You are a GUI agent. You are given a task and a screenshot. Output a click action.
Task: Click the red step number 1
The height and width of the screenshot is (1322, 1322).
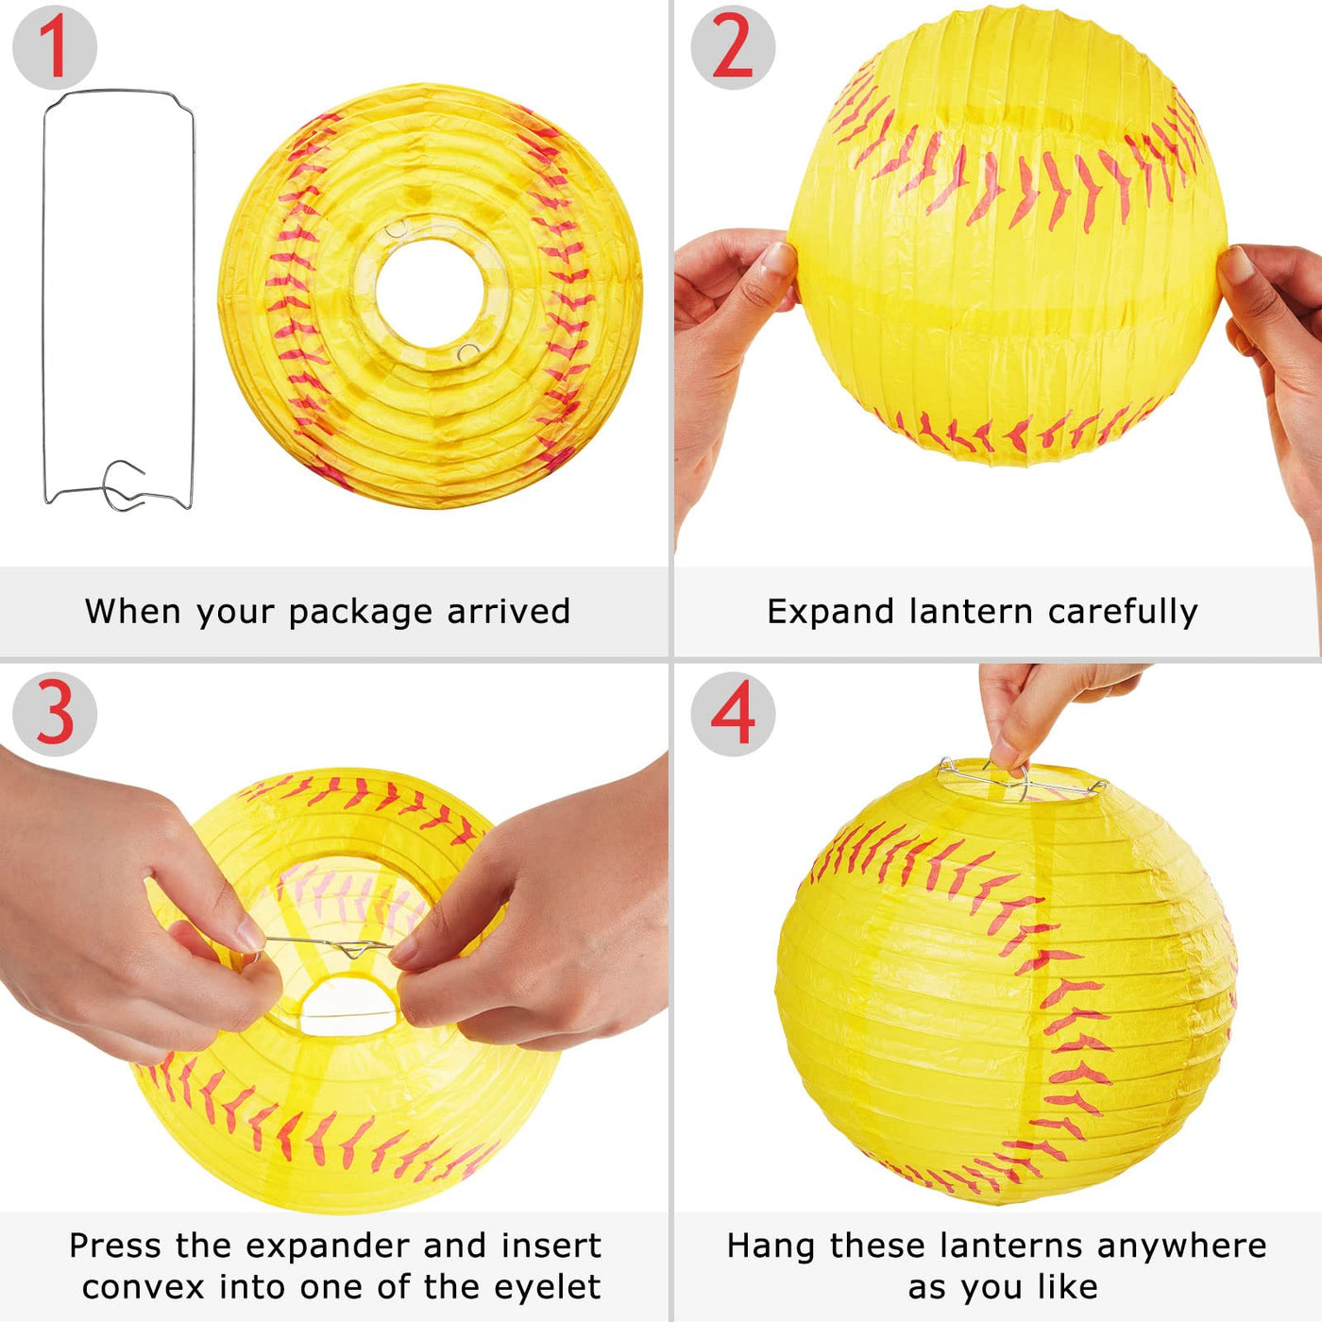54,47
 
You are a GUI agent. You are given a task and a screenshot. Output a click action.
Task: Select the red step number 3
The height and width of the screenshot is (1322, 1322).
54,714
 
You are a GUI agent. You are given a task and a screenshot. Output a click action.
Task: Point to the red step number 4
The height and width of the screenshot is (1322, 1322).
733,714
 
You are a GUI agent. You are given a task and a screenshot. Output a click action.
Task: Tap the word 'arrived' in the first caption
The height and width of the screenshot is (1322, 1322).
508,611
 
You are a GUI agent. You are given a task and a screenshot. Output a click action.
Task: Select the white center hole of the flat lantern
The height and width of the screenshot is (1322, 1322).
431,292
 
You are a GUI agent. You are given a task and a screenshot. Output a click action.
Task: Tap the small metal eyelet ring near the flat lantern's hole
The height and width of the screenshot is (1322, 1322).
468,352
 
